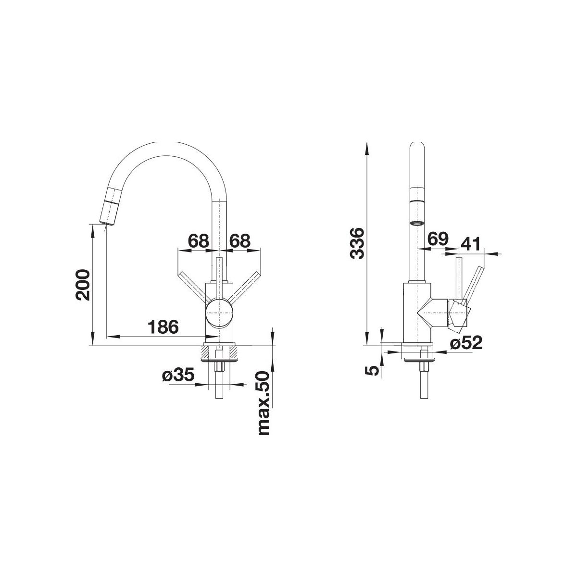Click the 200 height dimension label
[83, 285]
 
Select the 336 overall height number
[357, 243]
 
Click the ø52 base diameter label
[466, 342]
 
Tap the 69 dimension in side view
[438, 239]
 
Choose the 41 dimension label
[470, 244]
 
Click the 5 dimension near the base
[372, 371]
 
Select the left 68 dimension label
[198, 241]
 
